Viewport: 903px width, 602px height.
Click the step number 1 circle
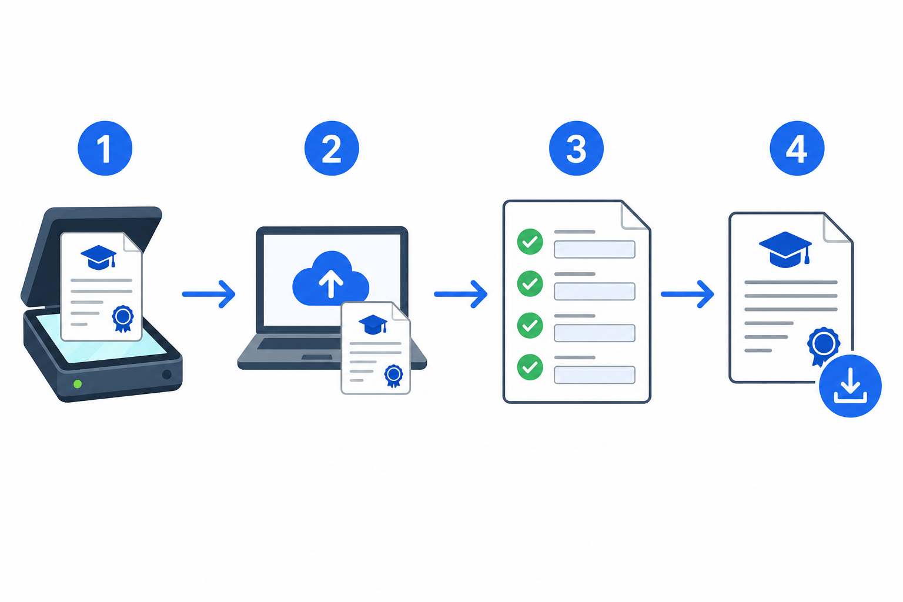[105, 148]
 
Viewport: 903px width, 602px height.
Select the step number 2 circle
[332, 148]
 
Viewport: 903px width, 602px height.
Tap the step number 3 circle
[576, 148]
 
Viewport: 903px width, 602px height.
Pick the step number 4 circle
[797, 148]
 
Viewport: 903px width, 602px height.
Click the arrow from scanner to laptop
[209, 295]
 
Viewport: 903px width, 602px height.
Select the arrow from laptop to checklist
[460, 295]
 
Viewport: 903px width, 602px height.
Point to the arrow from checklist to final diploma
[687, 295]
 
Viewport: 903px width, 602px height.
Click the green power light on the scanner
[78, 384]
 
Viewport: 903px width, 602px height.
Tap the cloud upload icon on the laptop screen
[330, 278]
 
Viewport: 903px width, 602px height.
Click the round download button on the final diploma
[850, 386]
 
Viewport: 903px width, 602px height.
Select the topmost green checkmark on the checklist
[530, 242]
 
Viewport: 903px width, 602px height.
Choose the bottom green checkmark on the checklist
[530, 367]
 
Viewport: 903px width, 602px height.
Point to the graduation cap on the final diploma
[785, 250]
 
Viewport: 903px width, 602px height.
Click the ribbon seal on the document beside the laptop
[393, 376]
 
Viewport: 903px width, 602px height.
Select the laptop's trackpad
[317, 357]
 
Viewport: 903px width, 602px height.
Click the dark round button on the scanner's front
[167, 374]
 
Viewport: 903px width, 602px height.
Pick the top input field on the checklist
[594, 250]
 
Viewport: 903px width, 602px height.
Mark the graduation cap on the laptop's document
[373, 324]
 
